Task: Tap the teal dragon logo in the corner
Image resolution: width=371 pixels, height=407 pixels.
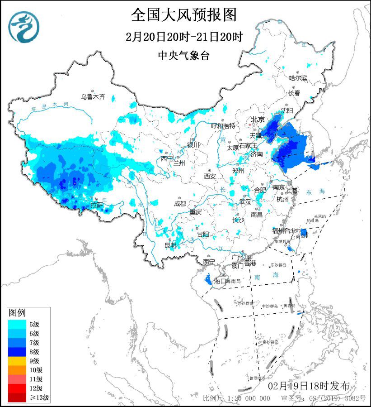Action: pyautogui.click(x=23, y=26)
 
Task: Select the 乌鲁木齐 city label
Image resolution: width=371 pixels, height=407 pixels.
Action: pyautogui.click(x=93, y=96)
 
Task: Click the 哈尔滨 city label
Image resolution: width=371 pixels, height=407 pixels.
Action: pyautogui.click(x=298, y=78)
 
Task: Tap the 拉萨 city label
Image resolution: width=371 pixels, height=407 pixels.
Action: pyautogui.click(x=97, y=205)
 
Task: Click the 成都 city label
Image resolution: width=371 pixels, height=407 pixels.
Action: pyautogui.click(x=180, y=204)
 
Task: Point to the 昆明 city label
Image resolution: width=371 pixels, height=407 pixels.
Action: pyautogui.click(x=170, y=245)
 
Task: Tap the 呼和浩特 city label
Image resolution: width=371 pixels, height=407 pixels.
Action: pyautogui.click(x=223, y=125)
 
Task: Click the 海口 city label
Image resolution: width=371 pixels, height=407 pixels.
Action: pyautogui.click(x=220, y=281)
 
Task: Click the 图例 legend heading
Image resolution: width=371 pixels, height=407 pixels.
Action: pyautogui.click(x=18, y=312)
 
